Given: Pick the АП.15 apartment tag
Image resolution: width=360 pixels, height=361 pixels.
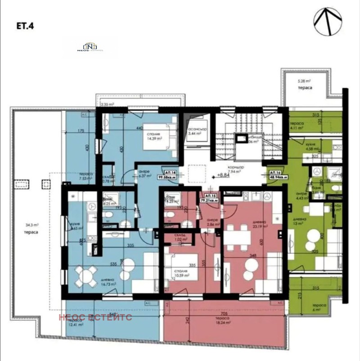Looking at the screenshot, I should click(x=211, y=198).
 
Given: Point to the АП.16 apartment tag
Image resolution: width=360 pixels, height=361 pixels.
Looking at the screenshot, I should click(x=277, y=174).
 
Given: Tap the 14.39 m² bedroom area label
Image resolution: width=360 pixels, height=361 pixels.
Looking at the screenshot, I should click(x=154, y=136).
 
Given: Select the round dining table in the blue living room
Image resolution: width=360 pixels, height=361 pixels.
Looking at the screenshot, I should click(x=86, y=275).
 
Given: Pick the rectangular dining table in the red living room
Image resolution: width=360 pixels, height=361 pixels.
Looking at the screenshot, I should click(x=237, y=234).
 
